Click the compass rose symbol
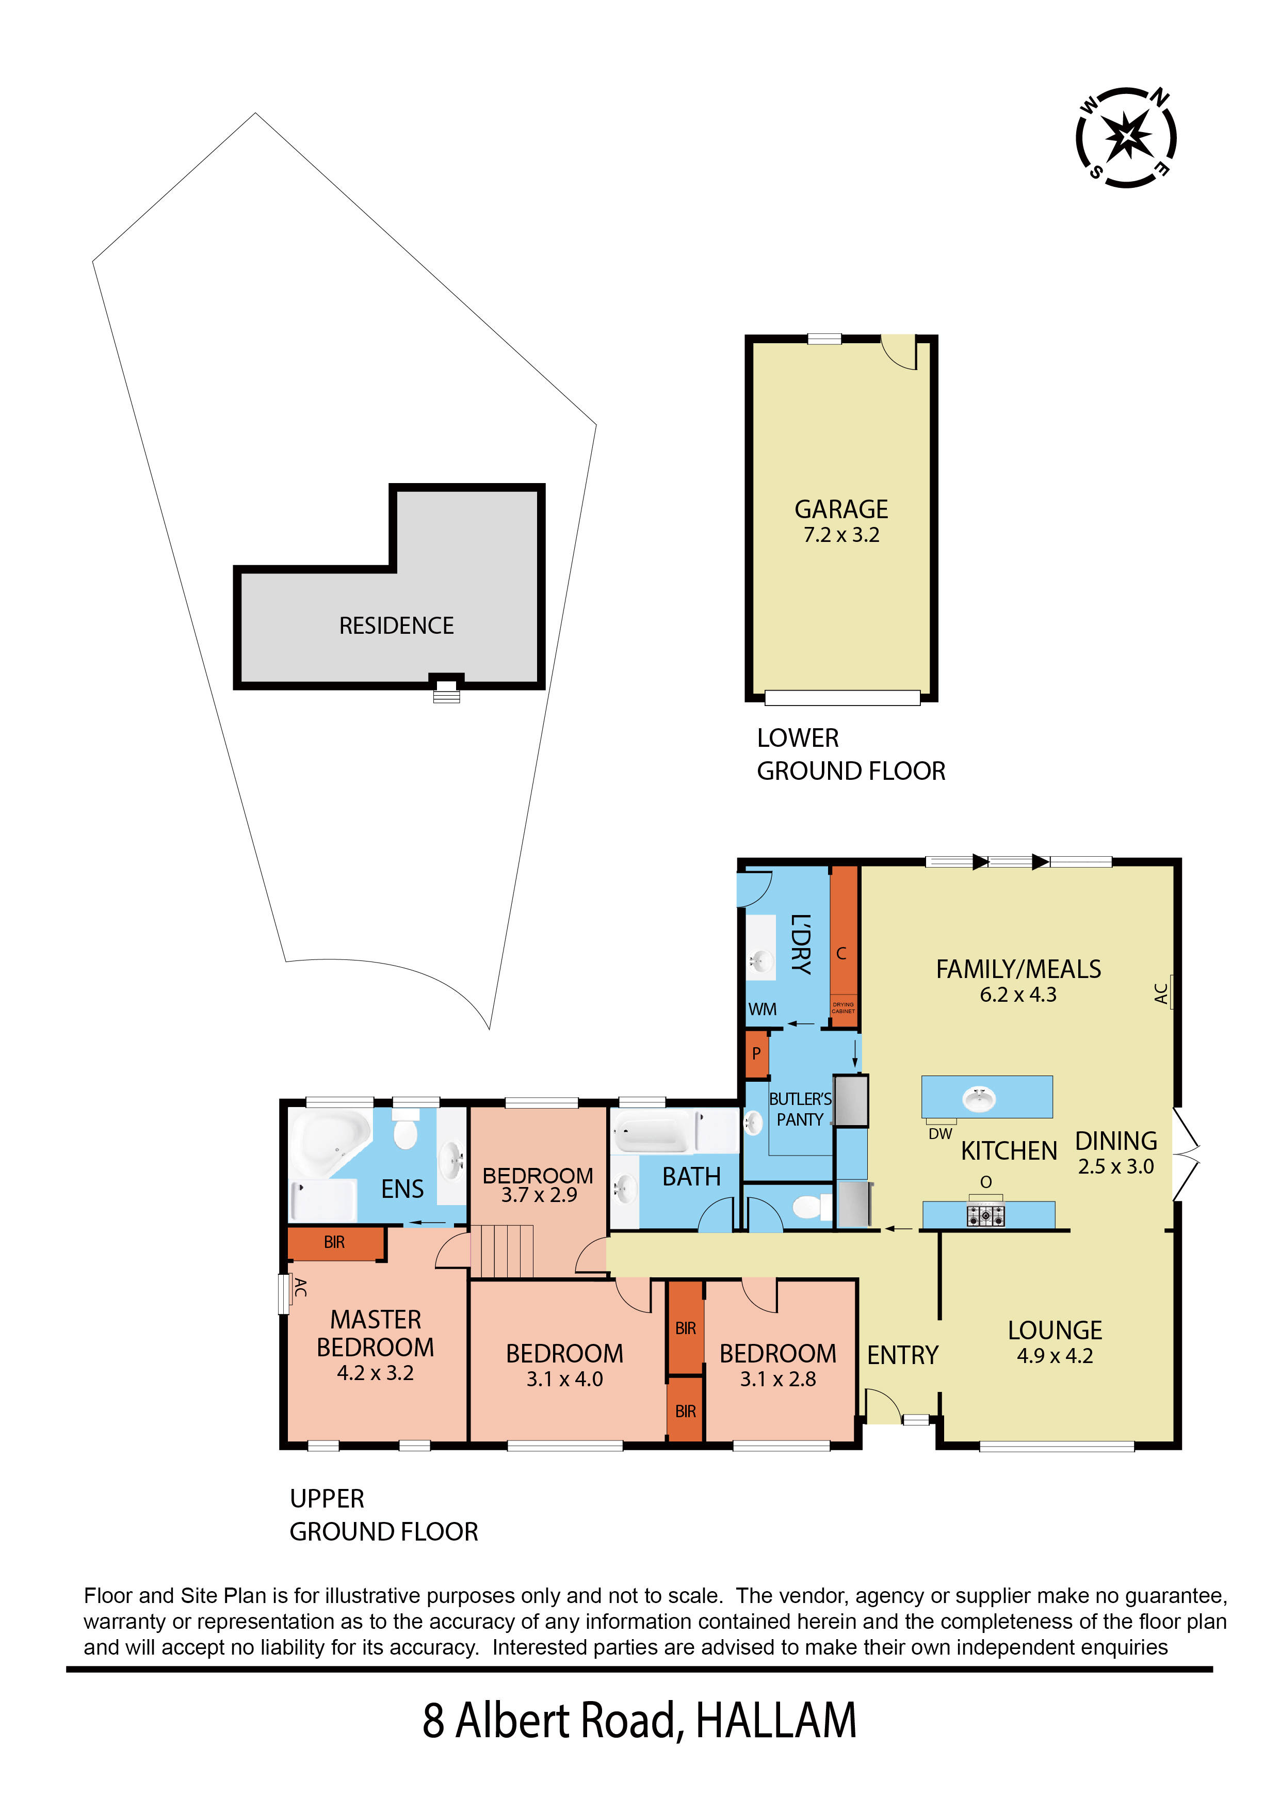[x=1126, y=137]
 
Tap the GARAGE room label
[x=841, y=509]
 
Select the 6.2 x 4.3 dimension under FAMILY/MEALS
[x=1017, y=995]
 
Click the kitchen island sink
[x=979, y=1099]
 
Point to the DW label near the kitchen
[x=940, y=1133]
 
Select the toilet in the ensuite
[x=406, y=1132]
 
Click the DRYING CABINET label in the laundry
[x=843, y=1008]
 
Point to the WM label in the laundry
[x=762, y=1009]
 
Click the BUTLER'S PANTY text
[x=800, y=1109]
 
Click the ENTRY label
[x=902, y=1355]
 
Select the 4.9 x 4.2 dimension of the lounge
[x=1055, y=1356]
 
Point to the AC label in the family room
[x=1161, y=993]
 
